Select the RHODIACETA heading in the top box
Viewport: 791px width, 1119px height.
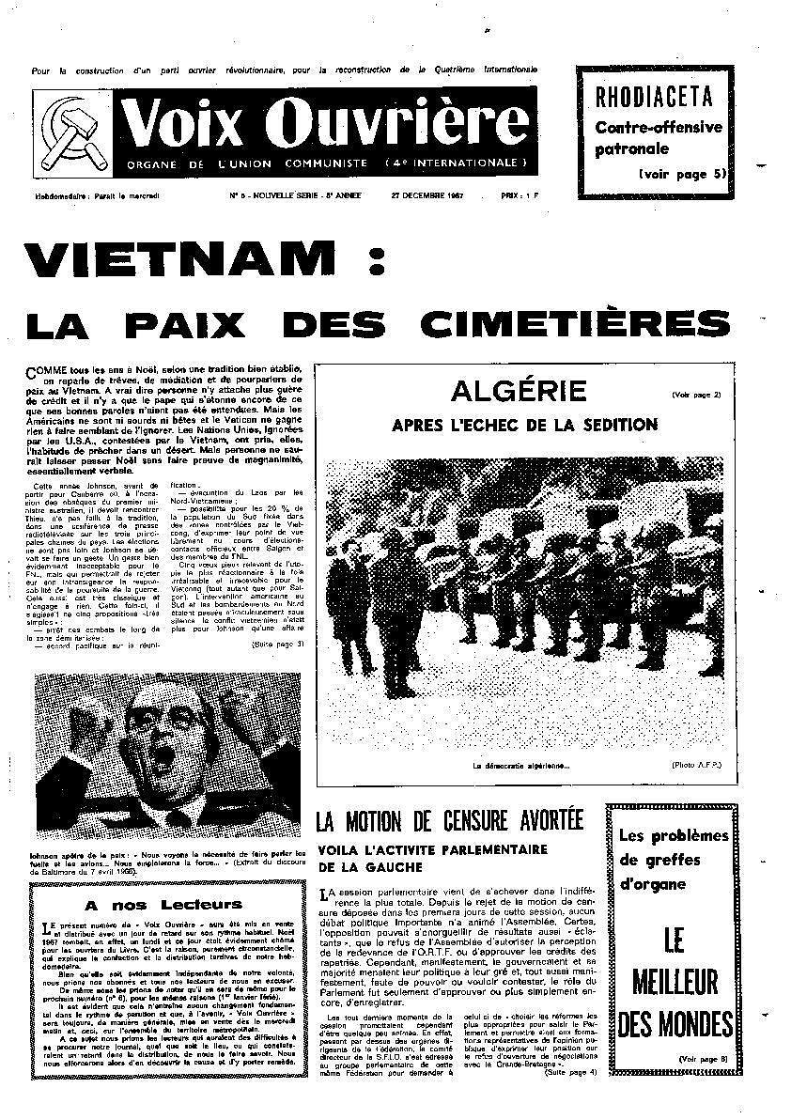coord(655,96)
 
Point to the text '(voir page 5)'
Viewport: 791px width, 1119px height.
coord(683,174)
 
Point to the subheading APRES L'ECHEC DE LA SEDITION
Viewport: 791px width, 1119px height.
coord(524,425)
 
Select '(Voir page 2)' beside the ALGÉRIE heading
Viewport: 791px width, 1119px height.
coord(696,395)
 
